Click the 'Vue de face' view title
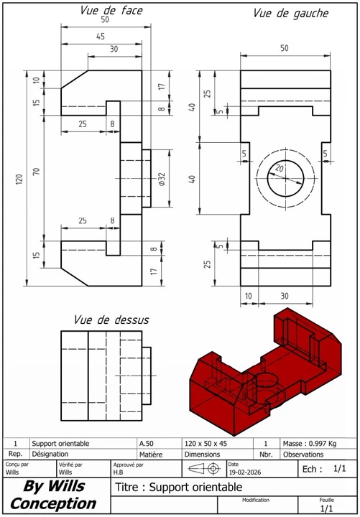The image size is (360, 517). click(111, 10)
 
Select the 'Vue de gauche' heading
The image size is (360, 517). click(290, 13)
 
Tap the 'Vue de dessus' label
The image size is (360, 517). click(111, 319)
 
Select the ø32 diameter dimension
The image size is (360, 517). click(162, 179)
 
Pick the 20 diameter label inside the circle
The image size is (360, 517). click(280, 168)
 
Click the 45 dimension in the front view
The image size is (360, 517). click(100, 37)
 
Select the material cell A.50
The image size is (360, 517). click(146, 444)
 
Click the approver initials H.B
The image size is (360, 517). click(119, 473)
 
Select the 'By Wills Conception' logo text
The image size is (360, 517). click(53, 495)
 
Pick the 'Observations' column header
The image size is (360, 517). click(303, 454)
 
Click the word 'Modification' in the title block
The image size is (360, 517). click(255, 499)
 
